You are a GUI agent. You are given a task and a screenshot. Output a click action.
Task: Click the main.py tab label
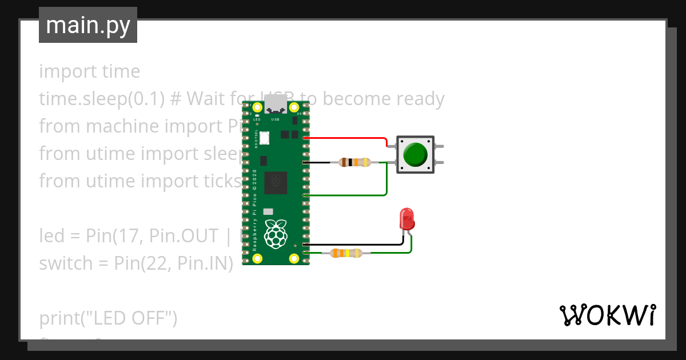tap(87, 25)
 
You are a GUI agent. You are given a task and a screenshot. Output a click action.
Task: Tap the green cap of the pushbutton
tap(415, 154)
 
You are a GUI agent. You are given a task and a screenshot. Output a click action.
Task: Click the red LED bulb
tap(407, 219)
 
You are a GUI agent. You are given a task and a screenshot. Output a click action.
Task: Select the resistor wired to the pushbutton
tap(354, 162)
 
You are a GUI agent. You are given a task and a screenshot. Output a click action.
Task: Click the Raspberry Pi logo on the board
tap(276, 233)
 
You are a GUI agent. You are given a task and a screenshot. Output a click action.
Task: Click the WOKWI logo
tap(607, 315)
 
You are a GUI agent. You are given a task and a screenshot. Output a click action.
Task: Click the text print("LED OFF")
tap(108, 318)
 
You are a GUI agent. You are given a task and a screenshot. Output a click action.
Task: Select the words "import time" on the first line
tap(89, 71)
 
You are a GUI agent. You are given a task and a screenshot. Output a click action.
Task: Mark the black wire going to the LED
tap(357, 245)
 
